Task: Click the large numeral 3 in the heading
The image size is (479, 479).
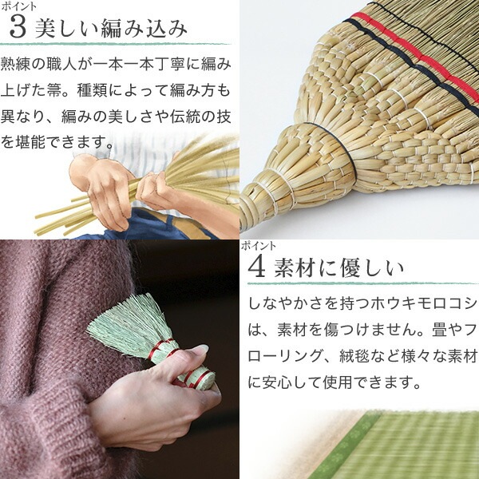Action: [18, 28]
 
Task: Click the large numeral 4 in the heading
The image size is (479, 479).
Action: [256, 267]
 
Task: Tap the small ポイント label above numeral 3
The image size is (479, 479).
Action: [18, 6]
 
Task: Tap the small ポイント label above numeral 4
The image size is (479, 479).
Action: [258, 246]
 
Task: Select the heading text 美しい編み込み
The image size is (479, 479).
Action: [111, 29]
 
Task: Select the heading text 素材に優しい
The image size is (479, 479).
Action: [339, 268]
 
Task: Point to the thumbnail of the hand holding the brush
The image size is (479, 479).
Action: [120, 359]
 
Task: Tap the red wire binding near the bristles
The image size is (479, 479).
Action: [160, 348]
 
